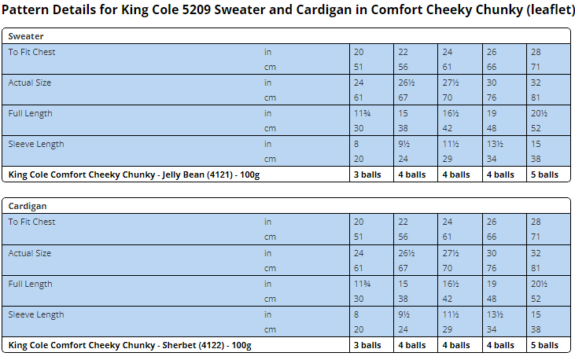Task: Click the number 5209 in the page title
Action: click(x=196, y=10)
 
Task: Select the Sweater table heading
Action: click(x=26, y=36)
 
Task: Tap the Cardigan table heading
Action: click(x=28, y=206)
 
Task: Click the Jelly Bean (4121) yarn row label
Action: click(x=134, y=174)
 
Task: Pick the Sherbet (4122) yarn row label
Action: click(x=130, y=345)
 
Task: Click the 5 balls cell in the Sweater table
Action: click(x=544, y=174)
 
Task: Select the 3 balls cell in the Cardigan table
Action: click(x=367, y=345)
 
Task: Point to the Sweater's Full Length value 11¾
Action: click(x=363, y=113)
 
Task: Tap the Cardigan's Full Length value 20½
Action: click(x=539, y=284)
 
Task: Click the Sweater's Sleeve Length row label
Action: click(x=36, y=144)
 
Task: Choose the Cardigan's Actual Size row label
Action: click(x=30, y=253)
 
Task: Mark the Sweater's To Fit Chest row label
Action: click(x=32, y=52)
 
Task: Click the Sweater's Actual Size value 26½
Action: click(x=407, y=83)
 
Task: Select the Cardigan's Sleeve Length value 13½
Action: click(x=495, y=314)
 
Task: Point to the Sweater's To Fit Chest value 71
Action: click(x=536, y=67)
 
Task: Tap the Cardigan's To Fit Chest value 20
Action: click(x=359, y=222)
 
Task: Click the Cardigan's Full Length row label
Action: click(x=30, y=284)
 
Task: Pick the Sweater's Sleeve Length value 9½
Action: click(x=404, y=144)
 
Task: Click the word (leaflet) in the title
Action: click(x=551, y=10)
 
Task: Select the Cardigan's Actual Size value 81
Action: click(x=536, y=268)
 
